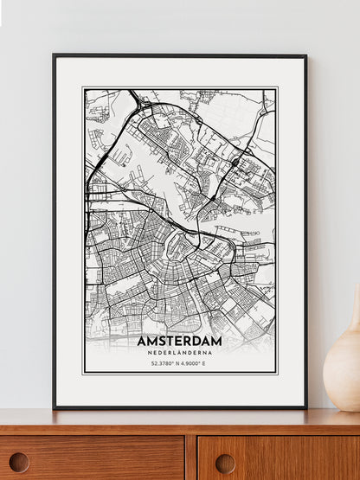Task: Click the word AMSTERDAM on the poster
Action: click(179, 341)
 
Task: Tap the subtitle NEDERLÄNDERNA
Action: click(179, 353)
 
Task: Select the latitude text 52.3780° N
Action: click(163, 363)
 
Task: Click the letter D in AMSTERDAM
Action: click(194, 341)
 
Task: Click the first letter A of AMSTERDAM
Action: click(142, 341)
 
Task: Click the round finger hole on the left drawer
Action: click(18, 462)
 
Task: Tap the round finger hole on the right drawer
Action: click(226, 463)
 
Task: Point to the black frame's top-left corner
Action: click(54, 55)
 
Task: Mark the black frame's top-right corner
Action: click(305, 55)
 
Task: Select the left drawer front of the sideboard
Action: click(91, 458)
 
